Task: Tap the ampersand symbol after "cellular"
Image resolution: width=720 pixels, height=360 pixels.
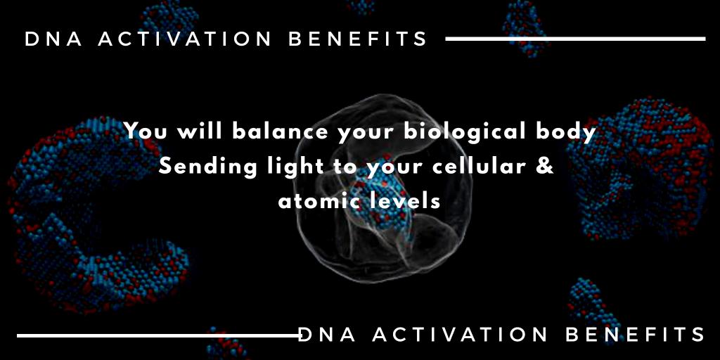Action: [546, 167]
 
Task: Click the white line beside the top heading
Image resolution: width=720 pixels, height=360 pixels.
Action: [574, 39]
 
